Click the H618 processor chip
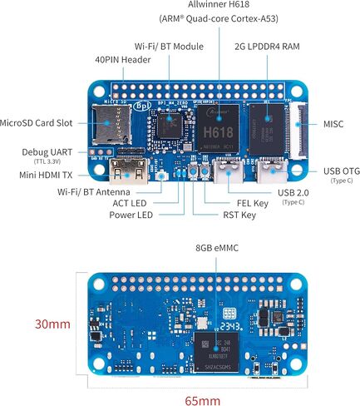[x=218, y=128]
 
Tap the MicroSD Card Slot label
[x=36, y=123]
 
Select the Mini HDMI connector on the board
[x=129, y=171]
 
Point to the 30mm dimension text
[x=52, y=324]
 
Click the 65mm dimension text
[x=203, y=401]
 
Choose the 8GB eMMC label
[x=217, y=248]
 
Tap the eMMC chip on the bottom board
[x=216, y=352]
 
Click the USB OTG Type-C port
[x=272, y=171]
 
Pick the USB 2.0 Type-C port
[x=229, y=171]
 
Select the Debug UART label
[x=47, y=152]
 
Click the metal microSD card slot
[x=112, y=124]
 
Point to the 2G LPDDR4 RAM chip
[x=267, y=130]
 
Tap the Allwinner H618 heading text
[x=219, y=4]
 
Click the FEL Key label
[x=253, y=204]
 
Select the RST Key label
[x=239, y=215]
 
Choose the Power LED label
[x=131, y=215]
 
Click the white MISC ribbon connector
[x=298, y=131]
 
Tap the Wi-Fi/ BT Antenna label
[x=94, y=192]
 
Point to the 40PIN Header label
[x=123, y=60]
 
